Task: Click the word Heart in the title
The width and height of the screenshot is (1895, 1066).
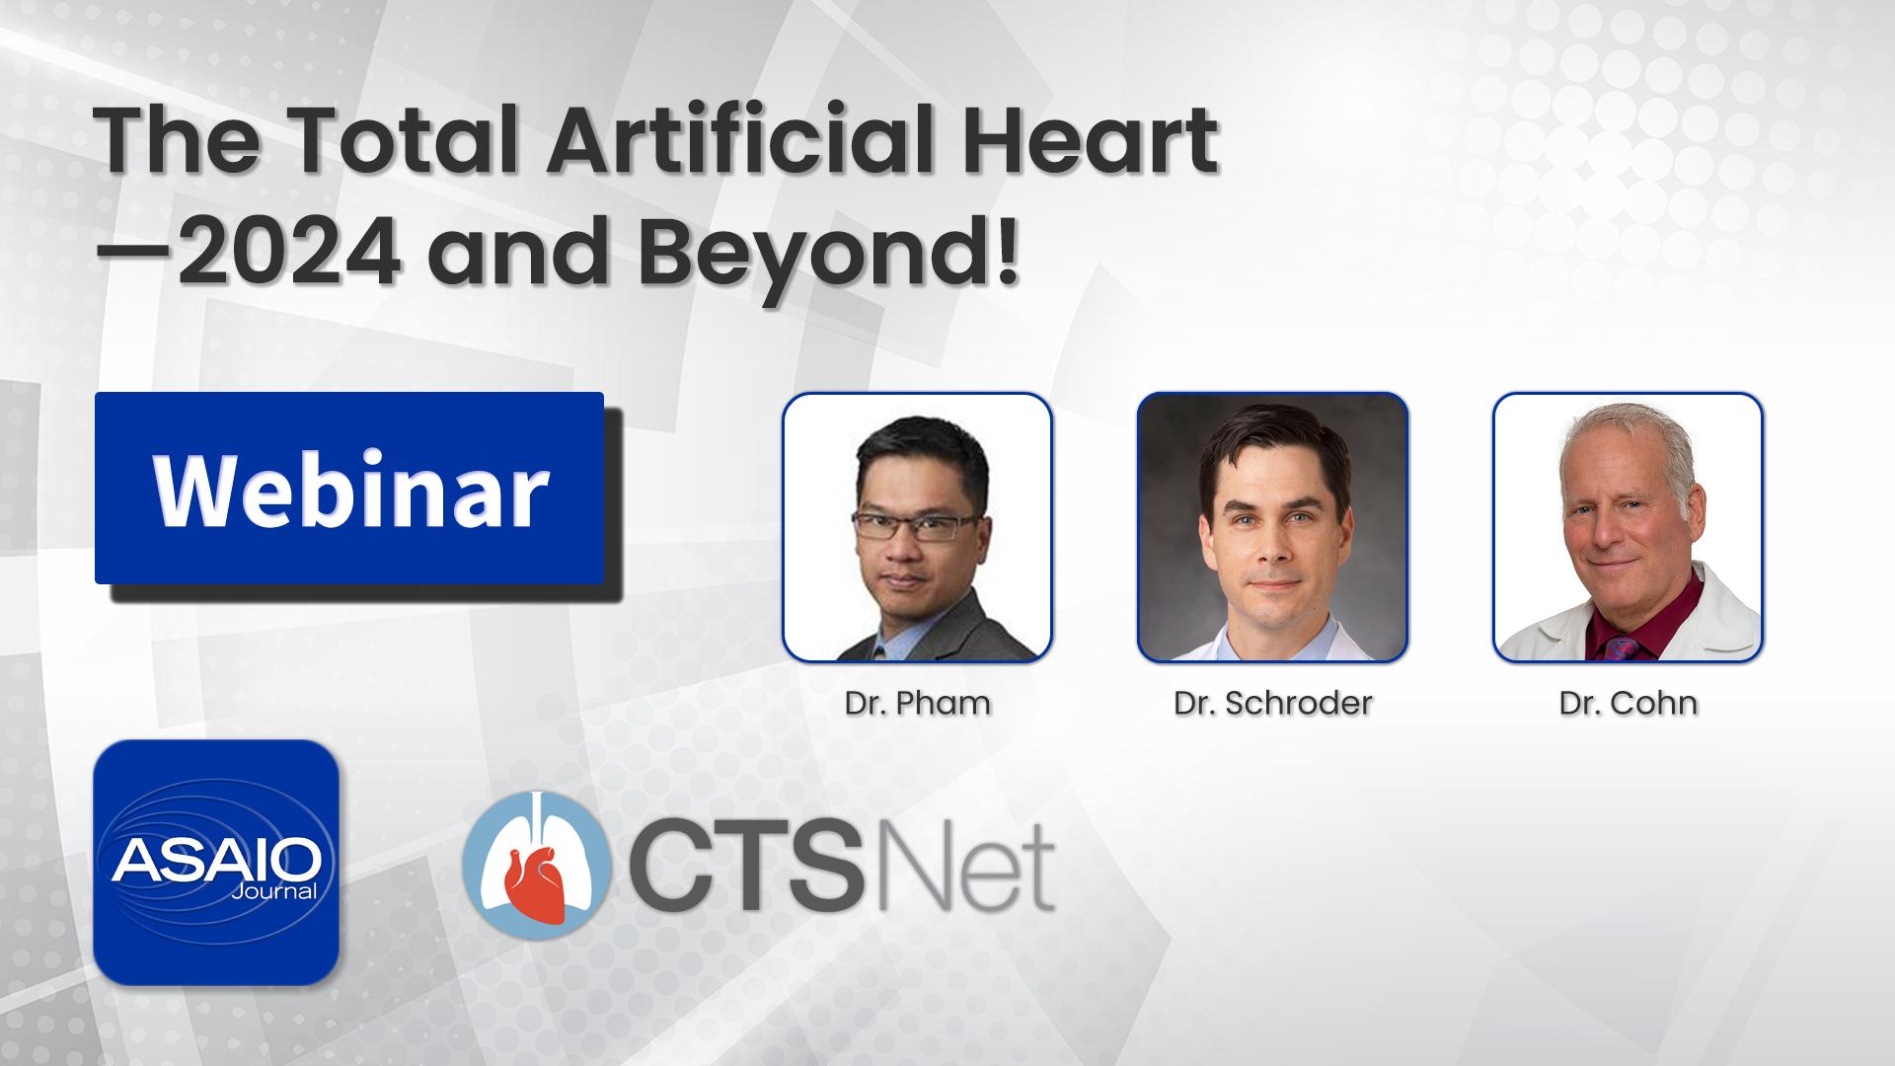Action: [x=1090, y=140]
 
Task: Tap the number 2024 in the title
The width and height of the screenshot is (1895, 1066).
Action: [x=289, y=252]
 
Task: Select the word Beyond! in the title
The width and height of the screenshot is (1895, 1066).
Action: [x=828, y=255]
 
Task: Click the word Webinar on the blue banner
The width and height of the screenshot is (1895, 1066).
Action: [x=350, y=491]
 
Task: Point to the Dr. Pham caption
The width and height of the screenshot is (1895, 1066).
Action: [x=917, y=703]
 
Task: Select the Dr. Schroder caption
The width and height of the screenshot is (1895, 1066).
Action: [x=1273, y=703]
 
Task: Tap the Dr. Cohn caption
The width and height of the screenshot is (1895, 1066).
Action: [x=1629, y=703]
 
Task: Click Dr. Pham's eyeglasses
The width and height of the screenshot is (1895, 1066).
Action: [x=915, y=526]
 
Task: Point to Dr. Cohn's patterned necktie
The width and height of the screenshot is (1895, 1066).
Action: [x=1622, y=647]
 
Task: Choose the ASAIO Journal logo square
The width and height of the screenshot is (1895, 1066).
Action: [x=216, y=862]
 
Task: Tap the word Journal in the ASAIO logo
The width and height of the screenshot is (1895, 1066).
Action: [x=274, y=891]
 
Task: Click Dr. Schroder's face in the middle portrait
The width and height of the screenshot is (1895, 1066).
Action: [x=1274, y=532]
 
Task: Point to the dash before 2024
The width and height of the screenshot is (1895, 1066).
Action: [x=133, y=253]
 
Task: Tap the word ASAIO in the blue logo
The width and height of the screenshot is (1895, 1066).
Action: [x=216, y=860]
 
